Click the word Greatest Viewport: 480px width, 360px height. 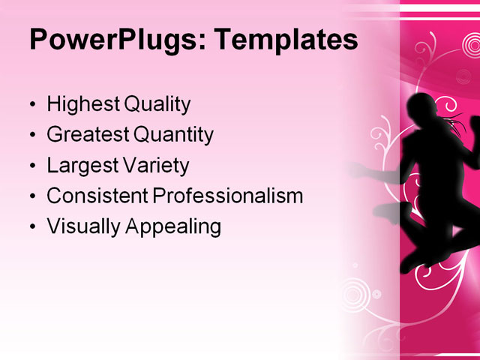(x=87, y=135)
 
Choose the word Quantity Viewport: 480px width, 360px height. (x=173, y=136)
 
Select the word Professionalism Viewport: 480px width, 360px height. (x=228, y=196)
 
